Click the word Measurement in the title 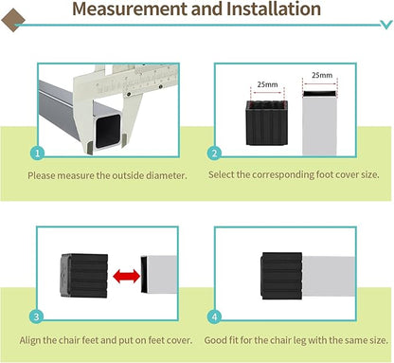(x=130, y=9)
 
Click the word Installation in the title (x=274, y=9)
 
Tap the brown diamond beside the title (x=13, y=20)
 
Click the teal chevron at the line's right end (x=386, y=25)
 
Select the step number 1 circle (x=38, y=154)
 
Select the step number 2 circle (x=214, y=154)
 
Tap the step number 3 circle (x=36, y=317)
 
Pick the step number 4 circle (x=215, y=317)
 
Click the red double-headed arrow (x=126, y=276)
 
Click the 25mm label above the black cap (x=267, y=84)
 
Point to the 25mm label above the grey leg (x=322, y=75)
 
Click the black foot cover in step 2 (x=267, y=122)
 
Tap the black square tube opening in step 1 (x=108, y=131)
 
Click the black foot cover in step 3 (x=84, y=276)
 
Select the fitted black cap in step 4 (x=281, y=276)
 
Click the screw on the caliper (x=129, y=94)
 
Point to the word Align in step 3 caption (x=29, y=340)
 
